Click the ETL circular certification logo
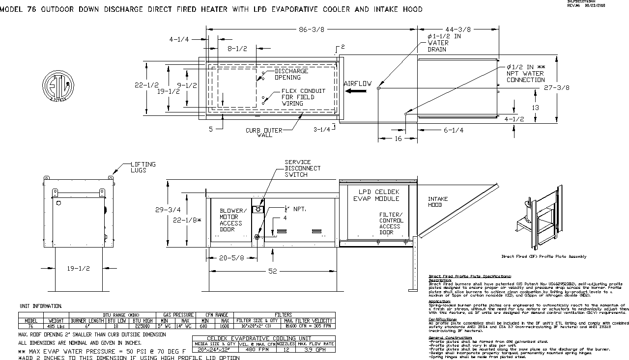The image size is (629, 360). click(x=58, y=85)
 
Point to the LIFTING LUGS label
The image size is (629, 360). click(x=143, y=167)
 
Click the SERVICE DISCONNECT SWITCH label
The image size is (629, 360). click(x=302, y=168)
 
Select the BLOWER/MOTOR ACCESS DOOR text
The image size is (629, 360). click(x=231, y=220)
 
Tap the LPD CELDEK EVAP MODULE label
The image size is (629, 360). click(x=376, y=194)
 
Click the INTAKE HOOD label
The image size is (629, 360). click(x=438, y=202)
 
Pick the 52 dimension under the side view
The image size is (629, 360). click(x=272, y=271)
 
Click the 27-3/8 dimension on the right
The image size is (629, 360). click(x=557, y=88)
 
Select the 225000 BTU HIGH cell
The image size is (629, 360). click(x=142, y=325)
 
